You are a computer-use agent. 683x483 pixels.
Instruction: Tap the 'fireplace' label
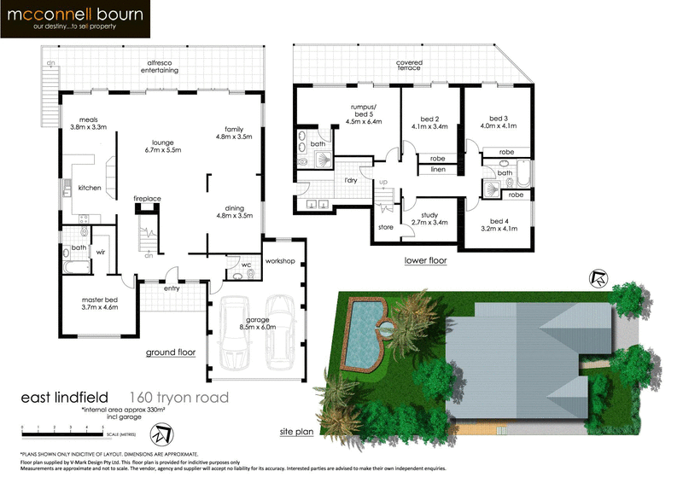(x=147, y=198)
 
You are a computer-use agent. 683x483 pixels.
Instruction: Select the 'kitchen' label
(x=90, y=187)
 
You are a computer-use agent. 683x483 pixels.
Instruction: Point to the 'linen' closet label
(x=438, y=169)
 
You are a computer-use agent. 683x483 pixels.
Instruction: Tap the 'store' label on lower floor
(x=385, y=227)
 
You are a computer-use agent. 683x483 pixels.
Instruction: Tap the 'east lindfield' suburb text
(x=69, y=397)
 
